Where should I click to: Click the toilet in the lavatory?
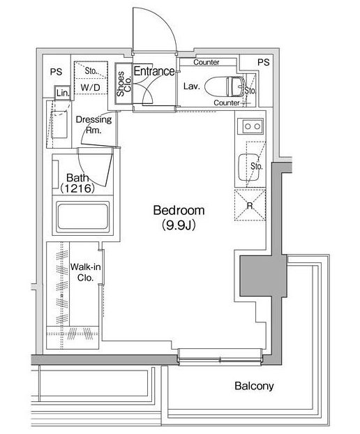pos(225,86)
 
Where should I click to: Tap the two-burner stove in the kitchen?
pos(253,126)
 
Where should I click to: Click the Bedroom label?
pos(179,210)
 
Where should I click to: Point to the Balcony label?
pos(254,386)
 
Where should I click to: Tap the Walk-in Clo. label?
pos(85,272)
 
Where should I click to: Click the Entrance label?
pos(154,71)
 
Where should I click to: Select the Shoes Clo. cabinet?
pos(123,83)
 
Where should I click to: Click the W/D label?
pos(90,88)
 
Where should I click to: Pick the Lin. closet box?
pos(63,92)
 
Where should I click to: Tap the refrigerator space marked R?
pos(250,205)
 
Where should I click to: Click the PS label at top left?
pos(57,72)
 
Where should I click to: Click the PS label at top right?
pos(263,62)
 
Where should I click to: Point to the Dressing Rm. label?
pos(93,125)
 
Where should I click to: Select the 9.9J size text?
pos(179,225)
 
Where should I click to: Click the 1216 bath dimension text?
pos(77,188)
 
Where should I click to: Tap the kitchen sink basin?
pos(250,167)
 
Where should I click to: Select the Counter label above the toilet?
pos(207,62)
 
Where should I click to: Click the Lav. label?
pos(191,87)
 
